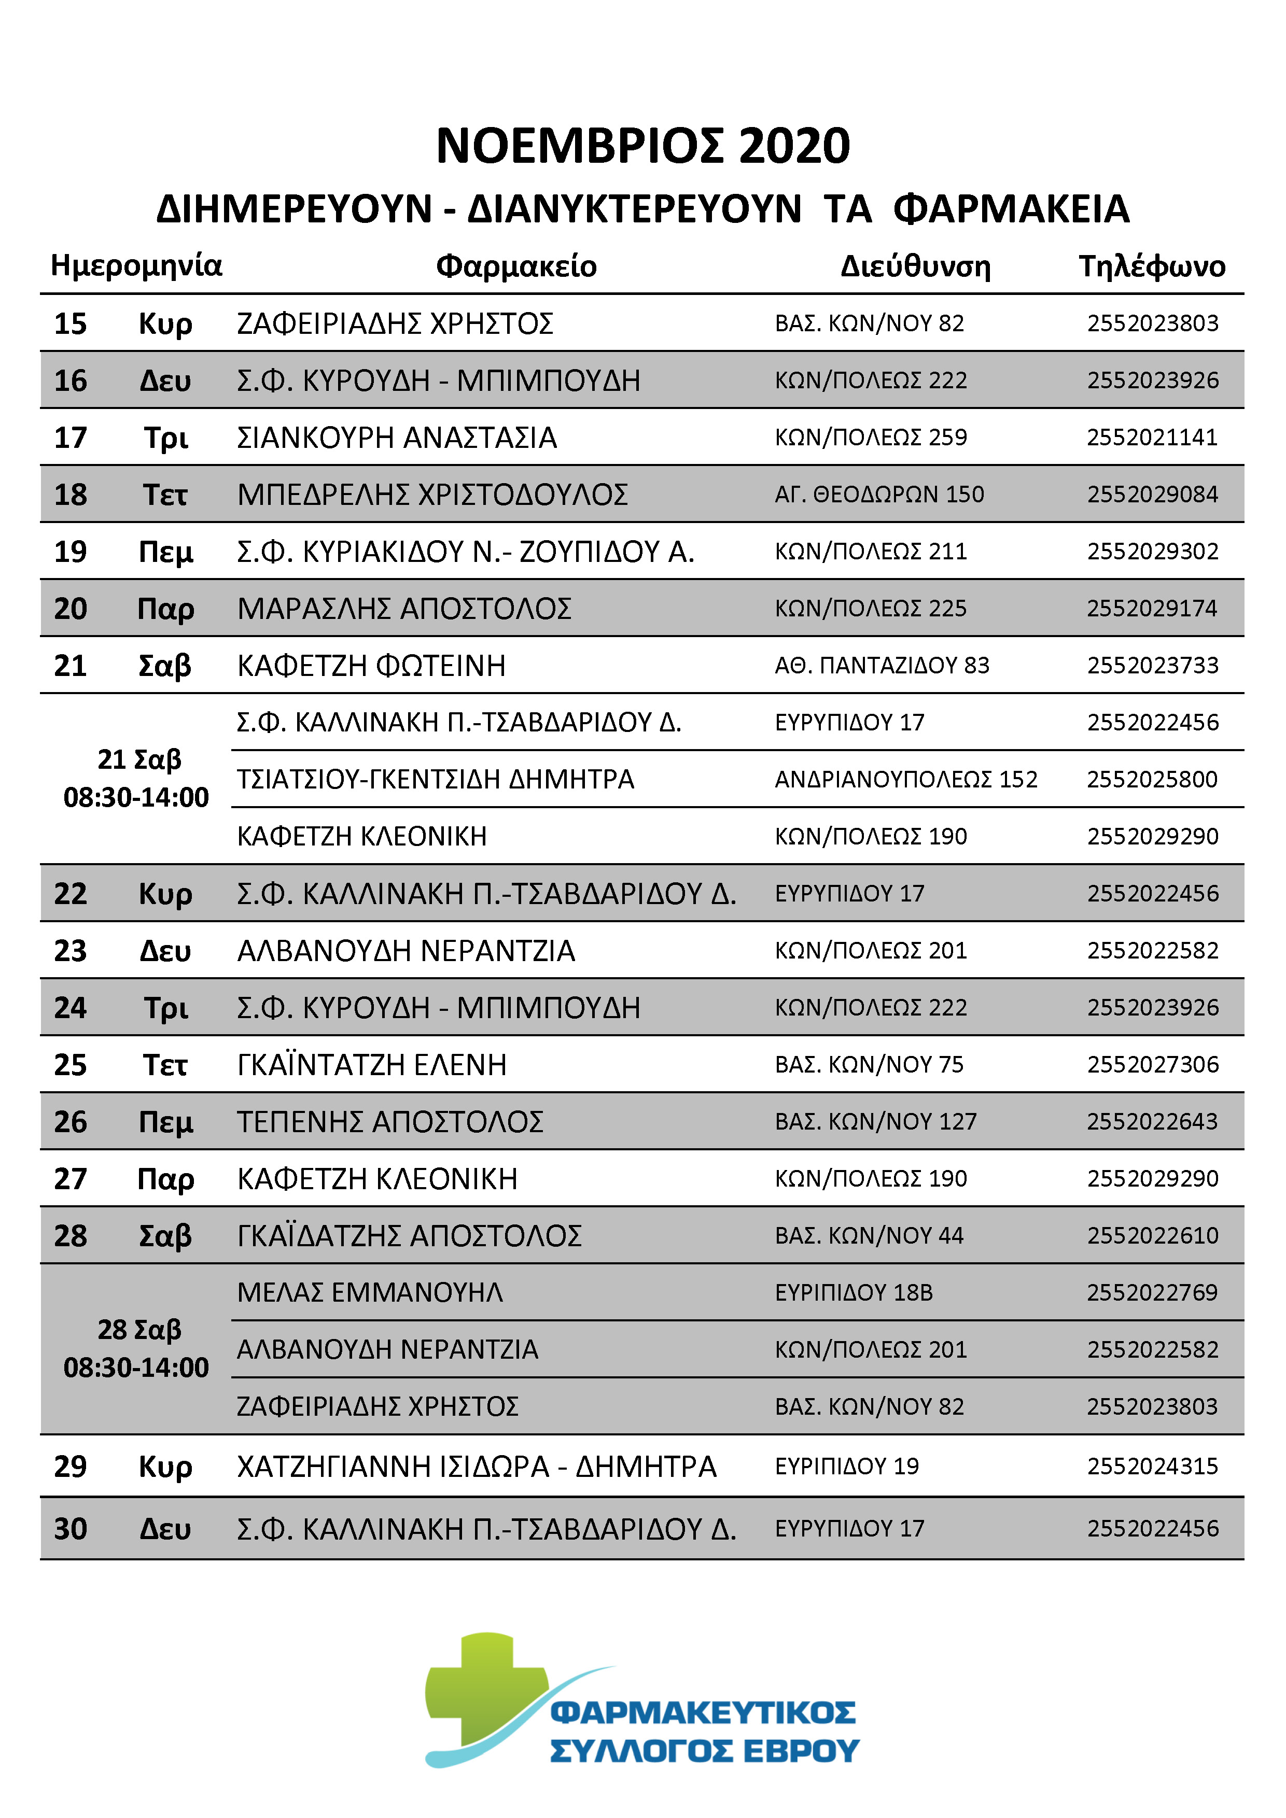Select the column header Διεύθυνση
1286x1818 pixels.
point(915,266)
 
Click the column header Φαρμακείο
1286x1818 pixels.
point(516,266)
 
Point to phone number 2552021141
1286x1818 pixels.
point(1152,437)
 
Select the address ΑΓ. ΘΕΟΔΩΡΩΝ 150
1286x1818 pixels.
point(879,494)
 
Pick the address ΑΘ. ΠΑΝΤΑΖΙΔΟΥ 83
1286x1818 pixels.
point(882,665)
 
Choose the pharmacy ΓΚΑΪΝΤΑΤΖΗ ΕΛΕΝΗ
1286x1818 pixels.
point(371,1065)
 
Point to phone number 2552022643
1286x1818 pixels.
point(1152,1121)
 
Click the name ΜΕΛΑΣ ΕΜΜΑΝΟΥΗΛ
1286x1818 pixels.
point(370,1292)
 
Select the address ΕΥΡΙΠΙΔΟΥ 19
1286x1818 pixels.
point(846,1467)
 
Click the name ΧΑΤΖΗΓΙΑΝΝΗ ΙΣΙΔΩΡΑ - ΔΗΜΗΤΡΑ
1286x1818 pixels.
point(477,1467)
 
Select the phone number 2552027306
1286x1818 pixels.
point(1152,1064)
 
